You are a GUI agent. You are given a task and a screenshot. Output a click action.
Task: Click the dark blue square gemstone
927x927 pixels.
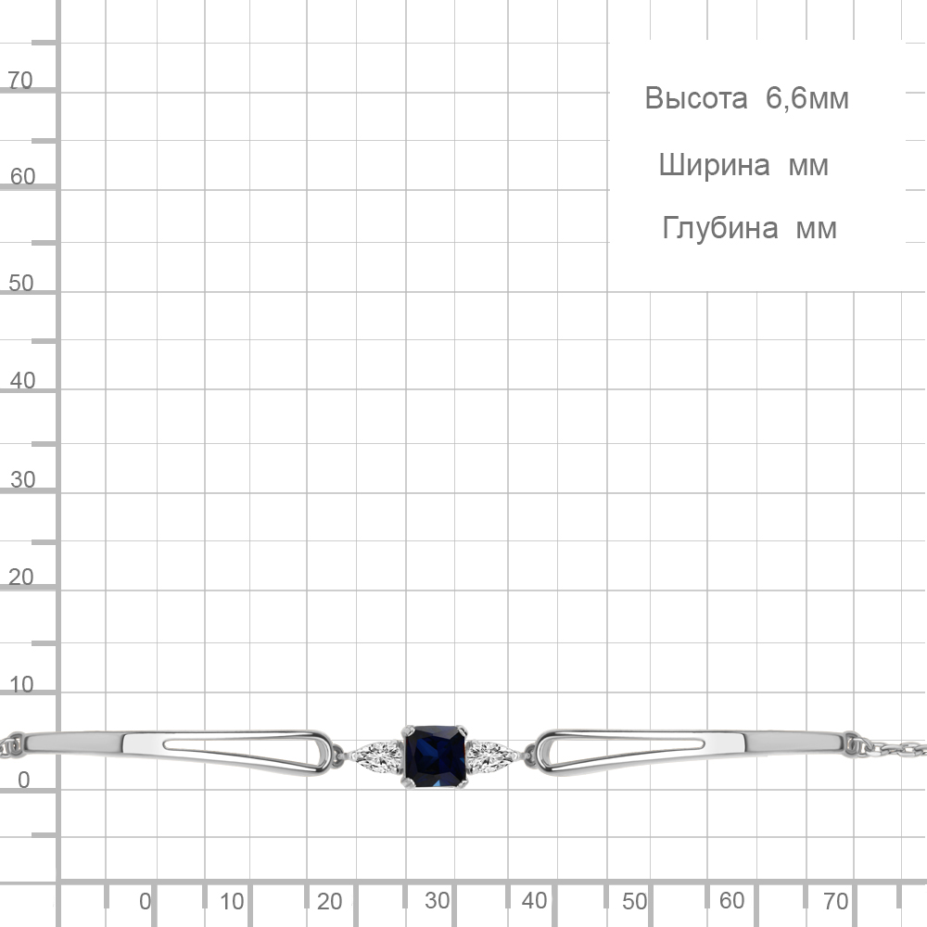(436, 756)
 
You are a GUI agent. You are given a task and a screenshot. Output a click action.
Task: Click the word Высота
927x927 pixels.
(696, 98)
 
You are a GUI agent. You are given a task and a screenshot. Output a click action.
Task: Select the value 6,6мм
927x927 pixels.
(807, 98)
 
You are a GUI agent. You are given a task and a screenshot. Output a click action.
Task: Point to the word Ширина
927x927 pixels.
(714, 166)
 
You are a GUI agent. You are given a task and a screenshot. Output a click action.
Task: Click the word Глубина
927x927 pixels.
(719, 228)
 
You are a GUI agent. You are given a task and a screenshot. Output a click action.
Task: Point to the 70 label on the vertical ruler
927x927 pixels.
(19, 80)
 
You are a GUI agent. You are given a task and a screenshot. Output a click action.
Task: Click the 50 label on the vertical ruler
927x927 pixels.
(20, 283)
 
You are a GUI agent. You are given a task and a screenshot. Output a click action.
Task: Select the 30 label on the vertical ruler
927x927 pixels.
(22, 479)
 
